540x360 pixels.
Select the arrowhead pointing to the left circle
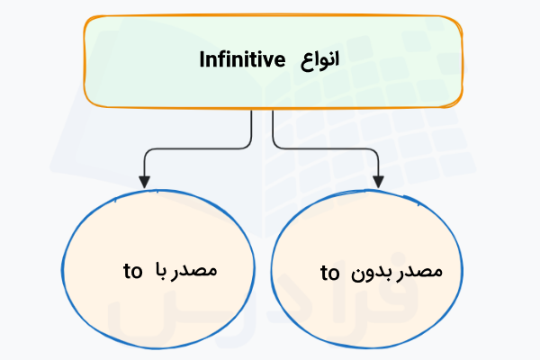click(143, 181)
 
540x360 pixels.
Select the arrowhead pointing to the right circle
click(378, 181)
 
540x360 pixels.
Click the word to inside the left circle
click(132, 269)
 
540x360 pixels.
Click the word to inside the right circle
click(329, 272)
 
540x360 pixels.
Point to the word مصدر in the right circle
click(435, 272)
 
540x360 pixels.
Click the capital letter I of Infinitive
click(202, 60)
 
